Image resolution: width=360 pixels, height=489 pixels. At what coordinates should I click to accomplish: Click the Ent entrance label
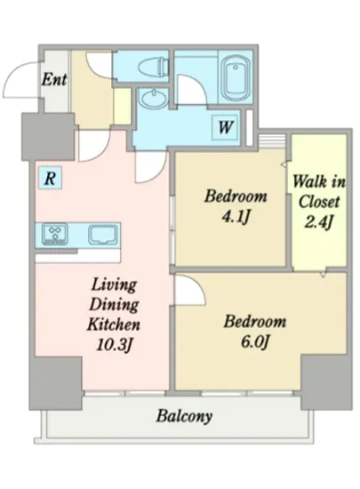click(x=54, y=79)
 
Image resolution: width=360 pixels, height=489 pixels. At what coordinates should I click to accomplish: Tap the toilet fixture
click(x=152, y=66)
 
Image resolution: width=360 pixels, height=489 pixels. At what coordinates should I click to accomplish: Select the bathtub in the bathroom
click(x=236, y=79)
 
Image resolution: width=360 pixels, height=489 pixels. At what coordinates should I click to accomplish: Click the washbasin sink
click(x=154, y=98)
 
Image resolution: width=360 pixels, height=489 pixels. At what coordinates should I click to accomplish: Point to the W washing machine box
click(x=226, y=127)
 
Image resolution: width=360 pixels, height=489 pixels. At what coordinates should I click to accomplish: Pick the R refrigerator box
click(x=50, y=178)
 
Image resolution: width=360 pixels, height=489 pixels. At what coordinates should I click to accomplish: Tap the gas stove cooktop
click(x=55, y=234)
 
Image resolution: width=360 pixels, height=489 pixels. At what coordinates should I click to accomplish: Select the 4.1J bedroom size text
click(x=235, y=217)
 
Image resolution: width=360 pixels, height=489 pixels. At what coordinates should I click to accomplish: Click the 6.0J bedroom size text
click(x=254, y=342)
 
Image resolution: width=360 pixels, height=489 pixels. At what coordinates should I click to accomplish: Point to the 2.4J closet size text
click(x=318, y=222)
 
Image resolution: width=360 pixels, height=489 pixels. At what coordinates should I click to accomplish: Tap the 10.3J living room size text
click(x=115, y=345)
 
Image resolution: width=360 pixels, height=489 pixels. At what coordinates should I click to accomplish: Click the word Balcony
click(x=184, y=416)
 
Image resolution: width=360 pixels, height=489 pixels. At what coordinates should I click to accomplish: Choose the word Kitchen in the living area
click(x=114, y=325)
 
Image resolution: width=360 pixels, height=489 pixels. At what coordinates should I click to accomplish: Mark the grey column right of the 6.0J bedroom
click(x=326, y=381)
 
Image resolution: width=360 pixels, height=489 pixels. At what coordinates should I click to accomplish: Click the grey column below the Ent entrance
click(x=48, y=137)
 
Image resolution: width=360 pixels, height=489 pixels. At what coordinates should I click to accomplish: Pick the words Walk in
click(x=319, y=181)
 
